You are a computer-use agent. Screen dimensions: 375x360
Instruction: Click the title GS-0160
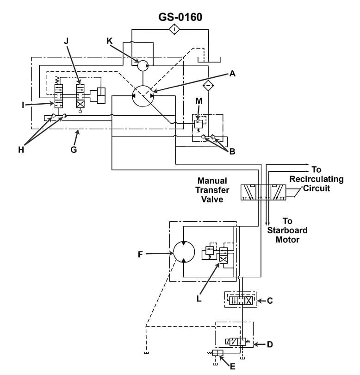coord(180,17)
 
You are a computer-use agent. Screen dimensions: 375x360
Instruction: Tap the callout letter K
coord(109,41)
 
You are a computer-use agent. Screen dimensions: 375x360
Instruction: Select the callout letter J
coord(66,41)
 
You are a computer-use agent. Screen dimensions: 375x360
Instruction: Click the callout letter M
coord(199,100)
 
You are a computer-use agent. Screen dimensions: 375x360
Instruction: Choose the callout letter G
coord(74,149)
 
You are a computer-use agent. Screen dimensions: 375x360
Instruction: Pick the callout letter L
coord(199,299)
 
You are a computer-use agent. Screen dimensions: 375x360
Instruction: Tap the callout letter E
coord(232,367)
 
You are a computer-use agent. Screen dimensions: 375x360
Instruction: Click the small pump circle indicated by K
coord(143,66)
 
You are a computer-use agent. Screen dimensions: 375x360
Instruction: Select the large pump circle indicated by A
coord(143,96)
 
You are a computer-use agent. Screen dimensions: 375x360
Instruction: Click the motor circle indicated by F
coord(184,254)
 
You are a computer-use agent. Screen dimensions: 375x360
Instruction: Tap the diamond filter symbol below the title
coord(174,30)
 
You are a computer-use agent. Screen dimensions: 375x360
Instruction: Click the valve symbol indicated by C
coord(240,300)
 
